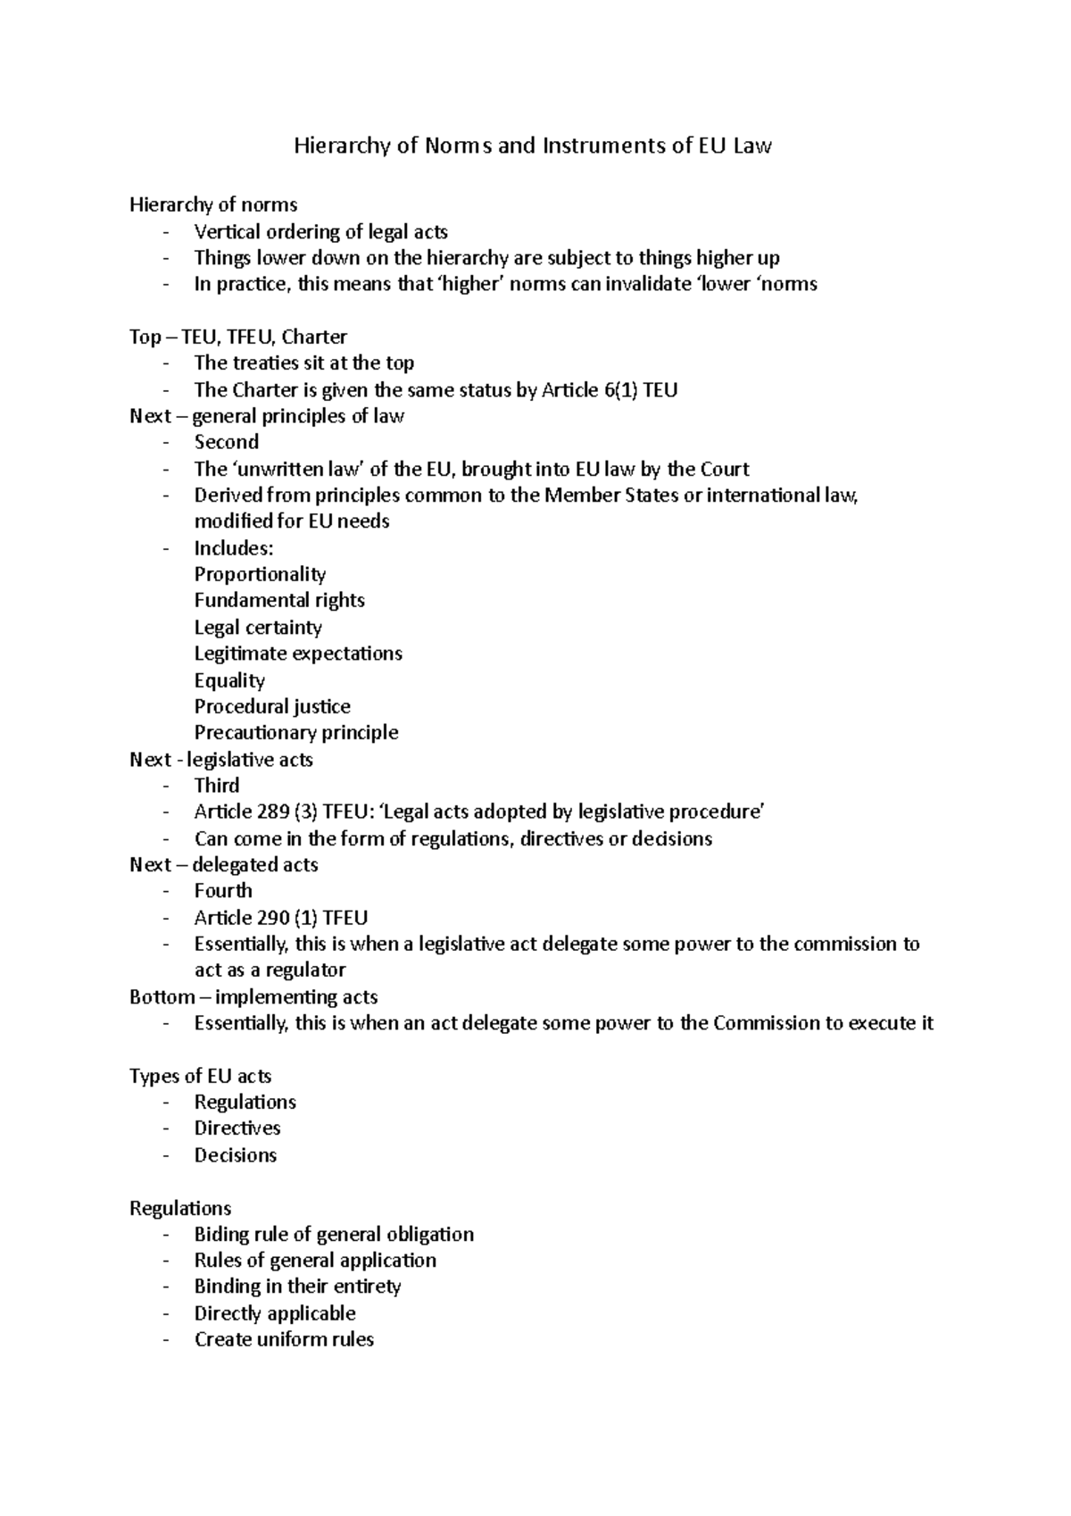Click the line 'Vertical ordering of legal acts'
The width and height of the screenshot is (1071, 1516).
coord(320,232)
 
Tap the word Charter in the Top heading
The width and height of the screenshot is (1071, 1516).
coord(314,337)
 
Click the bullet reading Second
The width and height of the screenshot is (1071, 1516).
coord(227,442)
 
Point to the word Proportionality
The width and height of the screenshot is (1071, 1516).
coord(260,574)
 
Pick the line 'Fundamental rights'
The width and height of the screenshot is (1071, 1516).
coord(279,600)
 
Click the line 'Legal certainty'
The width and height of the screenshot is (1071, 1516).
coord(258,627)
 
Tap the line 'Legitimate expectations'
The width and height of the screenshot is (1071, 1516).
coord(298,654)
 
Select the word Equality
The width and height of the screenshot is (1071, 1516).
coord(229,680)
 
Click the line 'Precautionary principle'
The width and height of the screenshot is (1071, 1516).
coord(296,732)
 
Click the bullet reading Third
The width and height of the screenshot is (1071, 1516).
coord(217,786)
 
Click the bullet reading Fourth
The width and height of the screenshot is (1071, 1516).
coord(223,890)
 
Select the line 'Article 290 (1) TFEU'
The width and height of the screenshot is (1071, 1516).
coord(281,917)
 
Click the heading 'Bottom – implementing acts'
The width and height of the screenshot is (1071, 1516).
coord(253,996)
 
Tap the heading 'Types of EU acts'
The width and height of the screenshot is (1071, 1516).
coord(200,1076)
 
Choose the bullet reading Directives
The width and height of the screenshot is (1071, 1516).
coord(237,1128)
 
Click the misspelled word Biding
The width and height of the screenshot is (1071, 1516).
coord(217,1234)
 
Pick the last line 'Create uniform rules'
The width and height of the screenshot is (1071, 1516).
coord(284,1339)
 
